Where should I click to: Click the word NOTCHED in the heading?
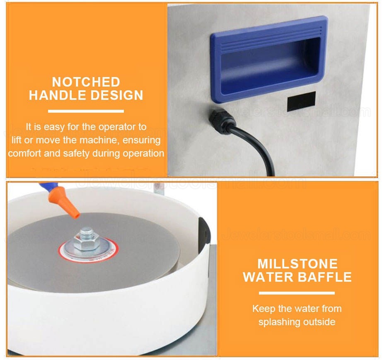coord(86,82)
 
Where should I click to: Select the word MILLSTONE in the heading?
coord(297,263)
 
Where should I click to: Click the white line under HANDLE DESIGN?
coord(86,111)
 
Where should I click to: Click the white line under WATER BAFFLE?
coord(297,293)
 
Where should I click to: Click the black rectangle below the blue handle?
coord(301,101)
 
